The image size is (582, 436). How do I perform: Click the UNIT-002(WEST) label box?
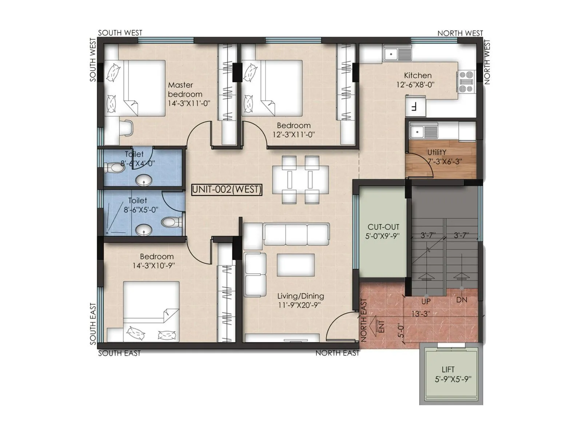tap(227, 189)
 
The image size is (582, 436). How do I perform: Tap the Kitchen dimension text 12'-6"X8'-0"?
tap(415, 85)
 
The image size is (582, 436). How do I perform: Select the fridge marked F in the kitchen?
tap(415, 107)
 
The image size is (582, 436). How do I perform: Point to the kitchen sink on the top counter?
tap(397, 54)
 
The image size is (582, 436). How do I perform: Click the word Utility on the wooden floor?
tap(436, 152)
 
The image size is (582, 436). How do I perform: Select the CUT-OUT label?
tap(383, 227)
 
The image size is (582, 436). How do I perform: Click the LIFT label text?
tap(448, 370)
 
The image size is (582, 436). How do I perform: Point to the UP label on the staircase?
tap(426, 301)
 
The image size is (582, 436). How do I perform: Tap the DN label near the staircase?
tap(462, 300)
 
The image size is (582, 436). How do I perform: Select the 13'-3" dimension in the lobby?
tap(420, 314)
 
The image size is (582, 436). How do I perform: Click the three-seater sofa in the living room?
tap(296, 235)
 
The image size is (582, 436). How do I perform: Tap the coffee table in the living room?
tap(295, 265)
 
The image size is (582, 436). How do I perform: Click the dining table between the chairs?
tap(300, 179)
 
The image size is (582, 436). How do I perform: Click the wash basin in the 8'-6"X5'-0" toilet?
tap(144, 230)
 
